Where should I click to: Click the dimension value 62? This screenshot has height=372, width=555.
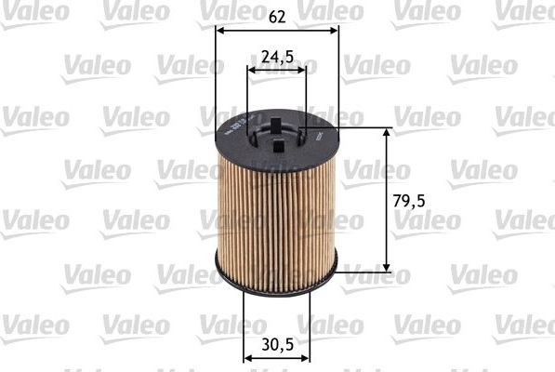[277, 15]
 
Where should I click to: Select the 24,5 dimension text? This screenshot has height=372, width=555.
[277, 57]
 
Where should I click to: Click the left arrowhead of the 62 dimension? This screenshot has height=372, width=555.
[220, 29]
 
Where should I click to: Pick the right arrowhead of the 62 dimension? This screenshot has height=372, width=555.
[334, 29]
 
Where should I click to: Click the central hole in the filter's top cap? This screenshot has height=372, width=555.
[277, 132]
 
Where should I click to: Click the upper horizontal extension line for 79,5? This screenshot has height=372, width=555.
[367, 127]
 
